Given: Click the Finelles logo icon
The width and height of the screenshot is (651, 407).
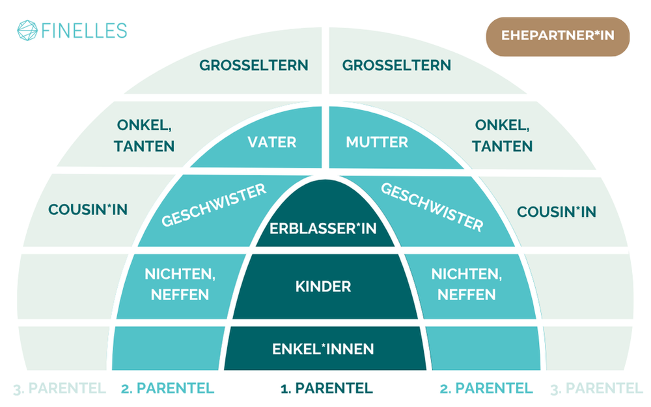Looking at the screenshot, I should pyautogui.click(x=27, y=31).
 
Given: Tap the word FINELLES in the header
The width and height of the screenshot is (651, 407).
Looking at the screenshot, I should pyautogui.click(x=83, y=31).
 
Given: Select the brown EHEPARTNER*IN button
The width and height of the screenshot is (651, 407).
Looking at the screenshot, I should pyautogui.click(x=557, y=36).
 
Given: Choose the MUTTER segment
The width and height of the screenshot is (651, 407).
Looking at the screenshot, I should pyautogui.click(x=377, y=141).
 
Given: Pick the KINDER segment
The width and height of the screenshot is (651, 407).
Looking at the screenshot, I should pyautogui.click(x=324, y=286).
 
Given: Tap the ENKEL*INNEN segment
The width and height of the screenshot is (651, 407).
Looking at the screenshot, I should pyautogui.click(x=324, y=349).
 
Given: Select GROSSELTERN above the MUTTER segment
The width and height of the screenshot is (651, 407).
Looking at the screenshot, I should pyautogui.click(x=396, y=65).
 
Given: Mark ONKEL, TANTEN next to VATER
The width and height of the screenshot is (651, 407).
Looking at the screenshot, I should pyautogui.click(x=145, y=135).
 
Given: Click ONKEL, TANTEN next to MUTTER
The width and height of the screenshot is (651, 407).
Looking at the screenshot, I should pyautogui.click(x=504, y=135).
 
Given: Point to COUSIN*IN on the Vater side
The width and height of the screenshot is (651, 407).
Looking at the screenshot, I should pyautogui.click(x=88, y=210).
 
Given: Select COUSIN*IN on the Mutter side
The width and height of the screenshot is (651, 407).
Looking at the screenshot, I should pyautogui.click(x=557, y=212).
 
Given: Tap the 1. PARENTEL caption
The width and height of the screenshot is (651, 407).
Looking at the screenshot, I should pyautogui.click(x=326, y=389).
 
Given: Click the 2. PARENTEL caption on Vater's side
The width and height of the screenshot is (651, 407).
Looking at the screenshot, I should pyautogui.click(x=167, y=389).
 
